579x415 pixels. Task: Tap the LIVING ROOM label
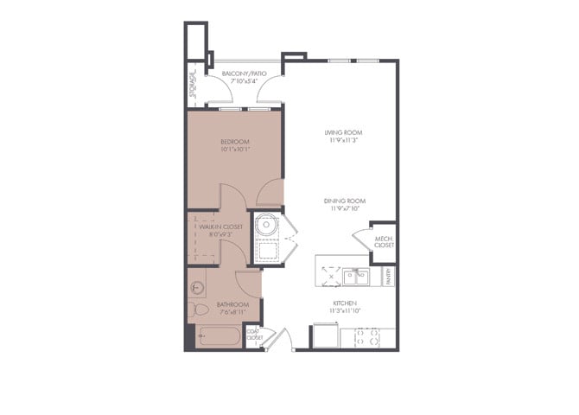[x=342, y=132]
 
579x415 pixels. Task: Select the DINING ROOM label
[x=342, y=201]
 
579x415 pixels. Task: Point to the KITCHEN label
[x=345, y=303]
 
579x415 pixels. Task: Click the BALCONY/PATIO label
[x=244, y=74]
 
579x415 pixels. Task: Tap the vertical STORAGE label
[x=193, y=84]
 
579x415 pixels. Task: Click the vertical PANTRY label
[x=389, y=277]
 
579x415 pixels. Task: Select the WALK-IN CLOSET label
[x=220, y=227]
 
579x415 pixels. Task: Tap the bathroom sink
[x=197, y=286]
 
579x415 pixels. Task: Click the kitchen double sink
[x=355, y=277]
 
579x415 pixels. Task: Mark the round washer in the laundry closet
[x=266, y=223]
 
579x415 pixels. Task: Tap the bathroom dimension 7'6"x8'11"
[x=233, y=312]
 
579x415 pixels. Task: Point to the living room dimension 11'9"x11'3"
[x=342, y=140]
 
